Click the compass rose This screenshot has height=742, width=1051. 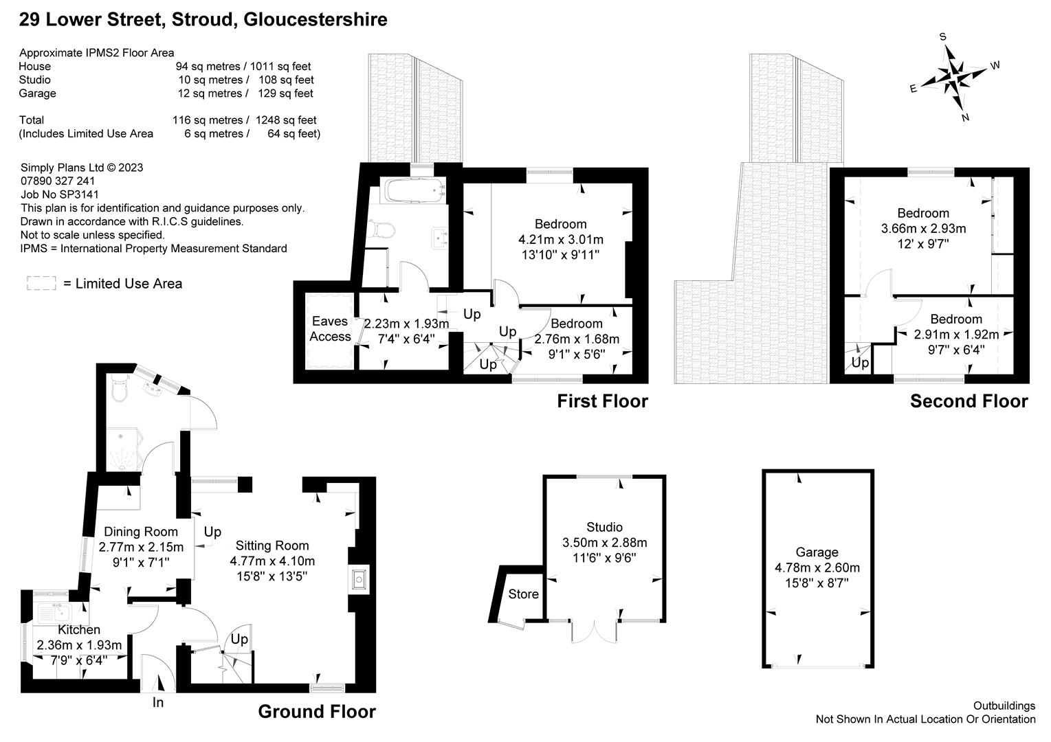(953, 77)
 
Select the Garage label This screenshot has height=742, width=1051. (817, 552)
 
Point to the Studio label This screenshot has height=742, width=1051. (604, 527)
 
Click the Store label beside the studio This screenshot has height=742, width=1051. (523, 594)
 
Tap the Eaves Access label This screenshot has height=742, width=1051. (330, 329)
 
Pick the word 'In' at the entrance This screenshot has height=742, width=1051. (158, 702)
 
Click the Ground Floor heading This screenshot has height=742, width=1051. (317, 712)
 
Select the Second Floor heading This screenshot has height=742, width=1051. (969, 401)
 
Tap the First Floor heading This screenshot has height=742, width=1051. (602, 401)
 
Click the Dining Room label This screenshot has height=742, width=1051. (140, 532)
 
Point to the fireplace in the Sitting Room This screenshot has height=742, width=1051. (359, 580)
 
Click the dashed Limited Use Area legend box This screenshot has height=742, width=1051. (41, 283)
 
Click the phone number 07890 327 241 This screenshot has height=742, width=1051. (58, 181)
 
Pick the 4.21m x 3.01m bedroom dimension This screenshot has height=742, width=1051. (560, 240)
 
